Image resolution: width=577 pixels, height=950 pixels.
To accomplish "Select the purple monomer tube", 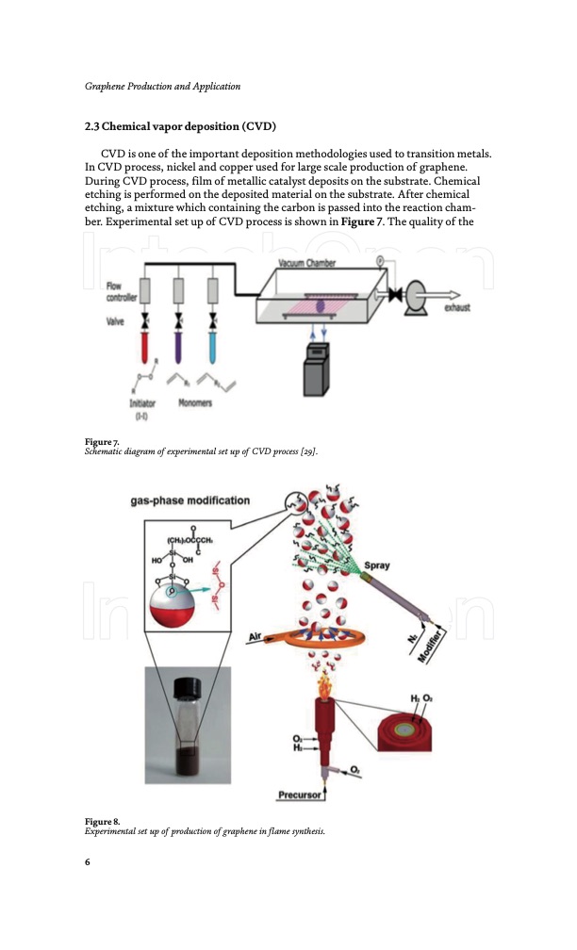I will [179, 347].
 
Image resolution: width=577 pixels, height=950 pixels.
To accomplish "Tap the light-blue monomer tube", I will [213, 347].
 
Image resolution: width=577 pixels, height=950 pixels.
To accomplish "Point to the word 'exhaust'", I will [457, 307].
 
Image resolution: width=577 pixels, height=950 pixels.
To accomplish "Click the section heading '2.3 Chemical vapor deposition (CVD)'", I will [179, 126].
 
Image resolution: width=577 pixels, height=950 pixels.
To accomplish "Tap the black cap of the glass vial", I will [183, 688].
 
